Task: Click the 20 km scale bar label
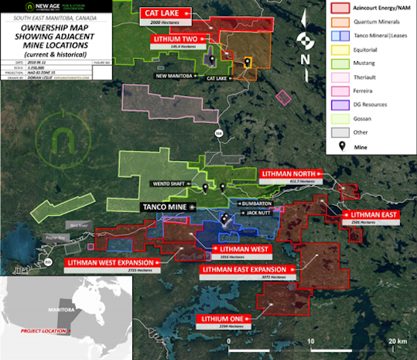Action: click(397, 341)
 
